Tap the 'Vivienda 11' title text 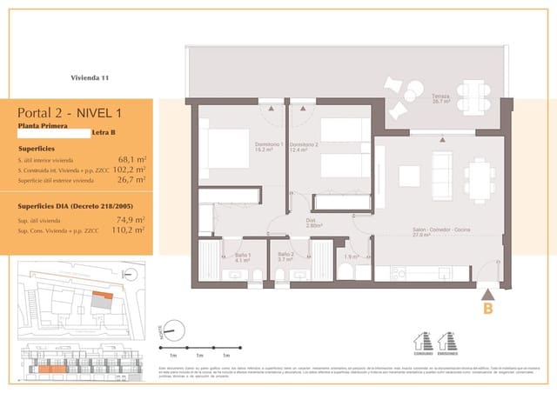[x=90, y=78]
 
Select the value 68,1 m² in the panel [x=131, y=160]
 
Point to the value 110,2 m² [x=129, y=231]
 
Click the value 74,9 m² [x=131, y=220]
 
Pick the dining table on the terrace [x=475, y=94]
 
